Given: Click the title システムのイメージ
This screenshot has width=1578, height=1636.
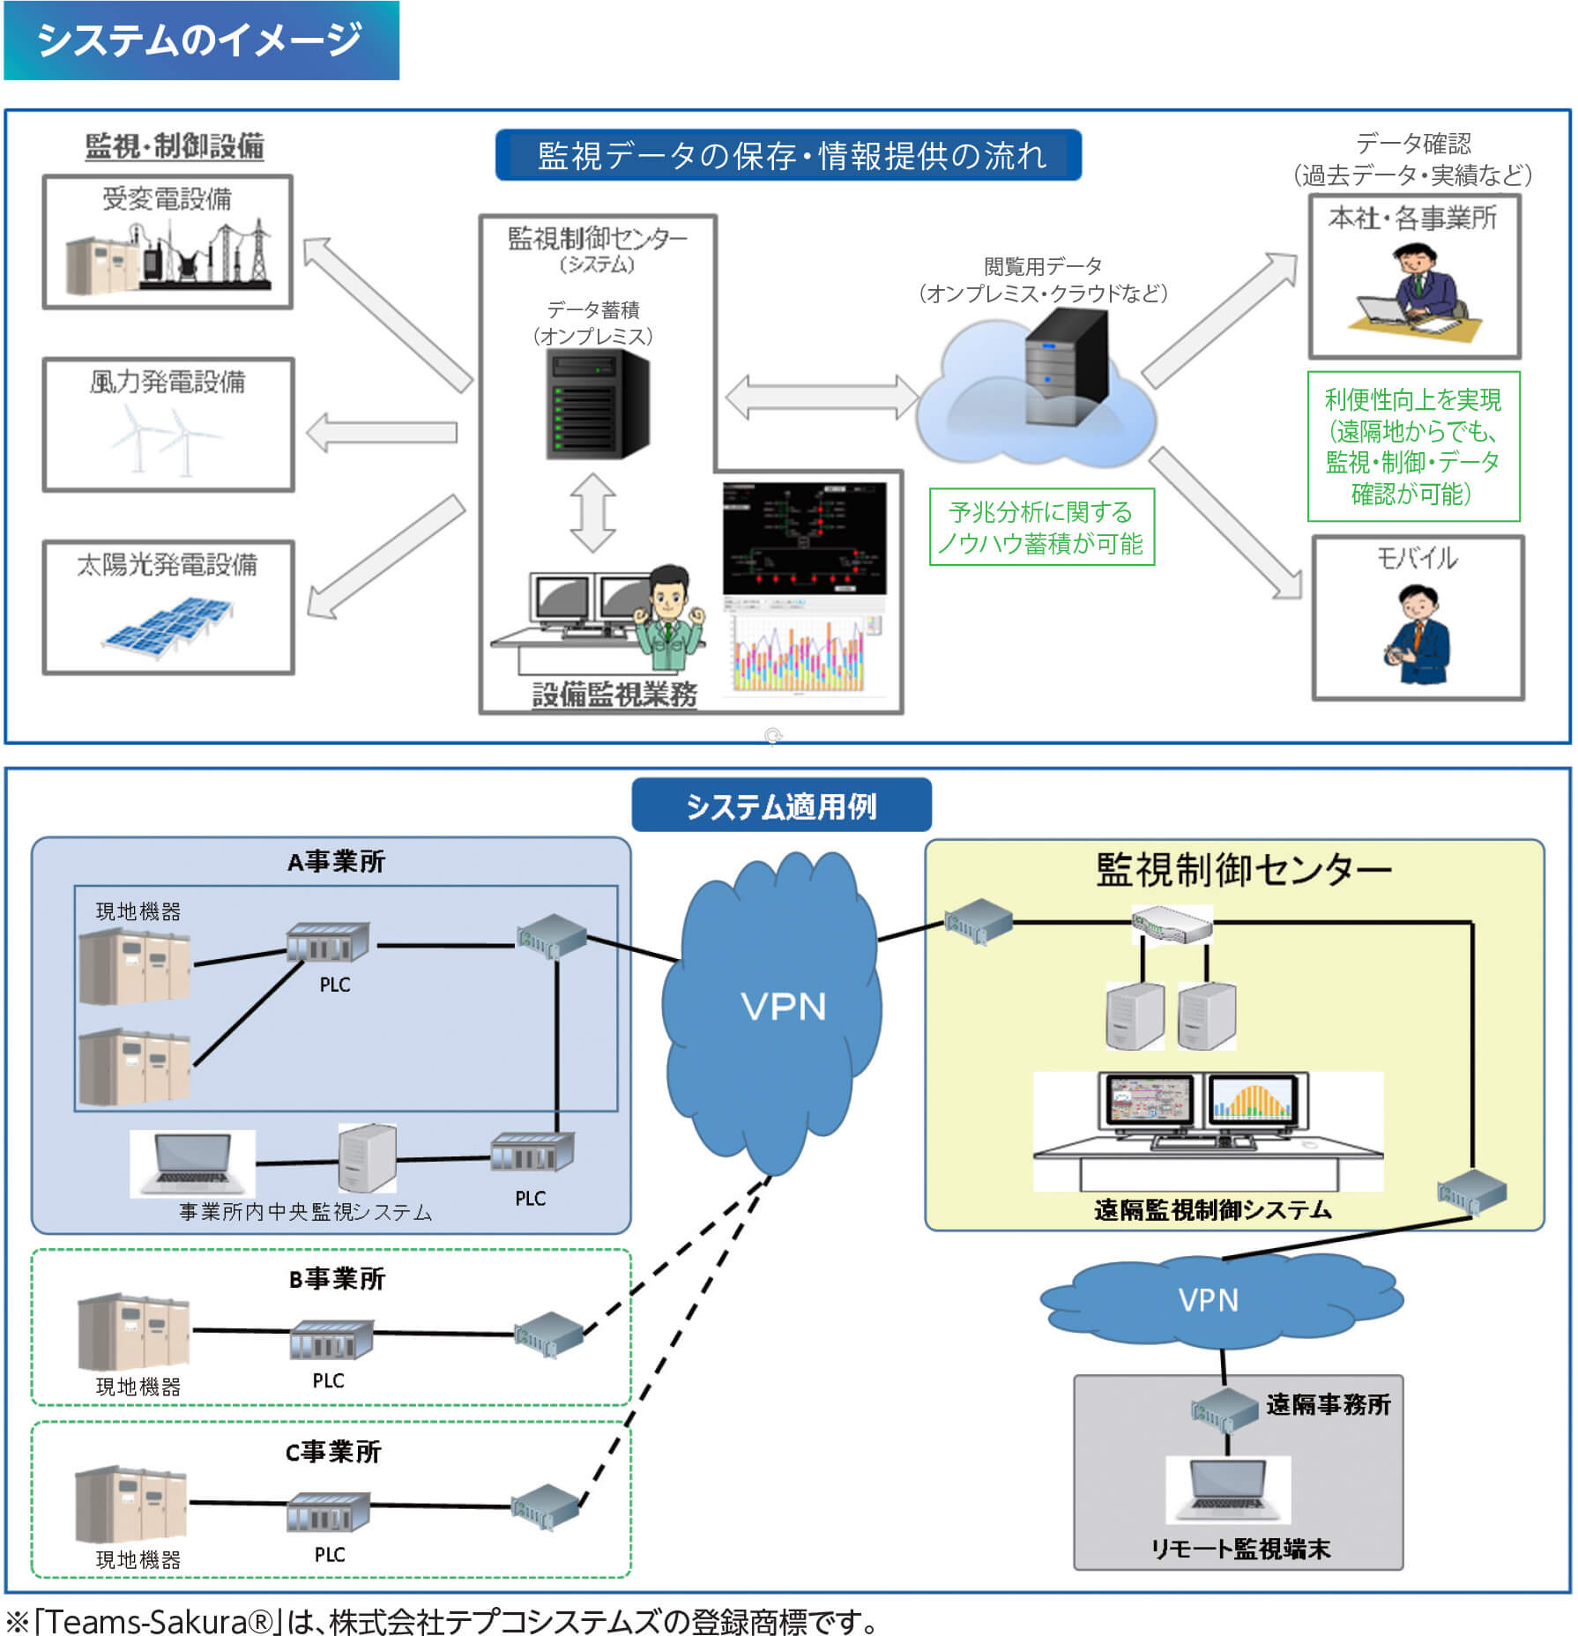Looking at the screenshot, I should pos(199,40).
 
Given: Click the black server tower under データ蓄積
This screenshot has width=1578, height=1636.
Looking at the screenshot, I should pos(597,404).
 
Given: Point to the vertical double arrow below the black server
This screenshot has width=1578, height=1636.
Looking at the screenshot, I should pos(592,512).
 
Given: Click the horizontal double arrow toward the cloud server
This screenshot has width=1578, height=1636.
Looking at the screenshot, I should pos(822,397).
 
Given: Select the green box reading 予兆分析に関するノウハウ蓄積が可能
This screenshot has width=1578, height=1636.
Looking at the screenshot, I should pos(1041,527).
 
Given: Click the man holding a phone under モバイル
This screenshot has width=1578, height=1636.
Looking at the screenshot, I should pos(1417,636).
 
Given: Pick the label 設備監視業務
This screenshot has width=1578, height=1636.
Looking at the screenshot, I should pos(614,695).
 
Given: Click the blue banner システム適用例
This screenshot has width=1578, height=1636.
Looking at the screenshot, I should pos(781,806).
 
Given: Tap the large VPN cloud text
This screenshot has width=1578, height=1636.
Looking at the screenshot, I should pos(783,1007).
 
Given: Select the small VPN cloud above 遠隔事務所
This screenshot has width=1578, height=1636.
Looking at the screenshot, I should pos(1208,1300).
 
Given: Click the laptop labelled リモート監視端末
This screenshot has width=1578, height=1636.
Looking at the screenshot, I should pos(1227,1490).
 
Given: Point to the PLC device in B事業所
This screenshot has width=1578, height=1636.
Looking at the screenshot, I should pos(331,1340).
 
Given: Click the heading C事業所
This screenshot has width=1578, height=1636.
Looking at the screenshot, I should pos(333,1452).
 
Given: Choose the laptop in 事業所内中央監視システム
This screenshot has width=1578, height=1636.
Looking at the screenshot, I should pos(192,1162).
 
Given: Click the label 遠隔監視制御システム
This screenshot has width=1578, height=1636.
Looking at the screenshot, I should pos(1212,1209).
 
